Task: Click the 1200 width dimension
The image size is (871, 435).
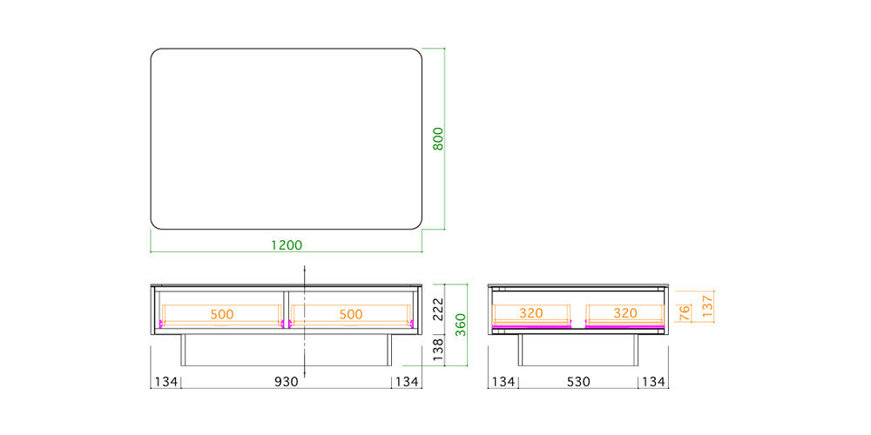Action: (x=287, y=244)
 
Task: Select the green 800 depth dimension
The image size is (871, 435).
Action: (x=438, y=138)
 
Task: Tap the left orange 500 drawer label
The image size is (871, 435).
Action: (x=222, y=314)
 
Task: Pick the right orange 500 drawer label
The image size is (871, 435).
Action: (x=351, y=314)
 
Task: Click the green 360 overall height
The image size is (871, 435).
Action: (x=461, y=325)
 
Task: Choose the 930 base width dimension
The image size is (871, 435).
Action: (x=287, y=382)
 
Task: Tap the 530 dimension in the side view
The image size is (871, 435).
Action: (x=578, y=382)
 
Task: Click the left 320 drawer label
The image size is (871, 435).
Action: (x=531, y=313)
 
